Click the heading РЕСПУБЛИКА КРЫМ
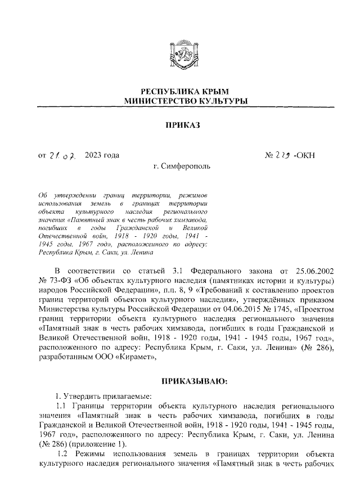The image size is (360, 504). (x=180, y=92)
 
